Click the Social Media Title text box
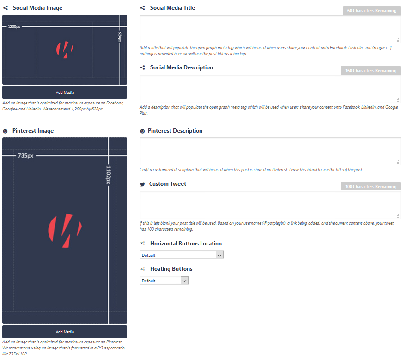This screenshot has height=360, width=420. point(270,29)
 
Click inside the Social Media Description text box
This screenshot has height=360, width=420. point(270,89)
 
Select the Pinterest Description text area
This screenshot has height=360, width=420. point(270,151)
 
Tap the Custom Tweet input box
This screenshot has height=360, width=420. point(270,205)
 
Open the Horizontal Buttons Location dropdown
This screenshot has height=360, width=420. point(182,255)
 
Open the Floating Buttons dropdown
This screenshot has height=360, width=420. point(164,281)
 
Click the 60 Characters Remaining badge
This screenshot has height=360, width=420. point(372,11)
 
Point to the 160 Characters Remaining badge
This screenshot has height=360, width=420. point(371,70)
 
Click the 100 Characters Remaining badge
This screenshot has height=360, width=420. point(371,186)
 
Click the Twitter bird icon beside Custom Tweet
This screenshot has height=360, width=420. point(142,184)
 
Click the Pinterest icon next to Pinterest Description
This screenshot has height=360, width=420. point(142,131)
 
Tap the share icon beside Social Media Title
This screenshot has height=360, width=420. point(142,8)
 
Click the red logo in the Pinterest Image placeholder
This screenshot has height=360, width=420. point(65,230)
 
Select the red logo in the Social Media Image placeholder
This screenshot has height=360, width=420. point(65,49)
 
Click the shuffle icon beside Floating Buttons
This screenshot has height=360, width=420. point(142,269)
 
